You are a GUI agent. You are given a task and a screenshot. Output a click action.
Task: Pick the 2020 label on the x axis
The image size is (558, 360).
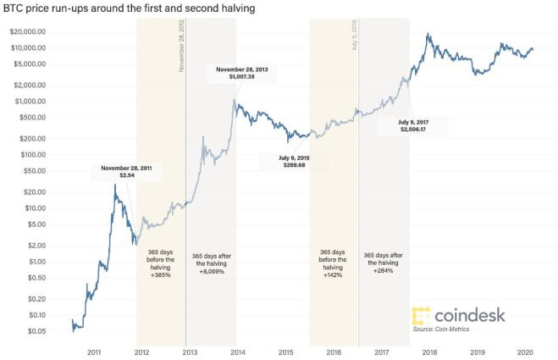[526, 350]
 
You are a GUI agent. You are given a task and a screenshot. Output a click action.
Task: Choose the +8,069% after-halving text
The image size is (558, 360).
[210, 272]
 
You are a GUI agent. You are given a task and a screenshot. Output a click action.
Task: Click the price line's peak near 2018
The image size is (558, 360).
[429, 35]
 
